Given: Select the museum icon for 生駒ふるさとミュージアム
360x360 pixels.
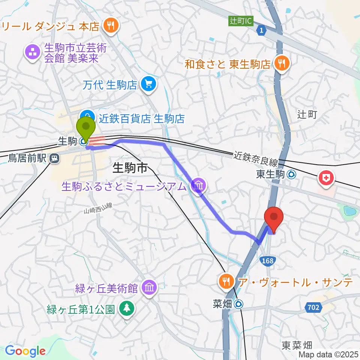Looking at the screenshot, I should (198, 185).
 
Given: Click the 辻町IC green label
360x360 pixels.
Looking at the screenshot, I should (240, 21).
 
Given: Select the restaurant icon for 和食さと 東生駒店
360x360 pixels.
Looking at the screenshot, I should (281, 63).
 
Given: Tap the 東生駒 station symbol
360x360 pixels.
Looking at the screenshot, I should (291, 174).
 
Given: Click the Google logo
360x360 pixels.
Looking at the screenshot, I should (25, 350).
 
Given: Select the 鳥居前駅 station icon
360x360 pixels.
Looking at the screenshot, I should (55, 159).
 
